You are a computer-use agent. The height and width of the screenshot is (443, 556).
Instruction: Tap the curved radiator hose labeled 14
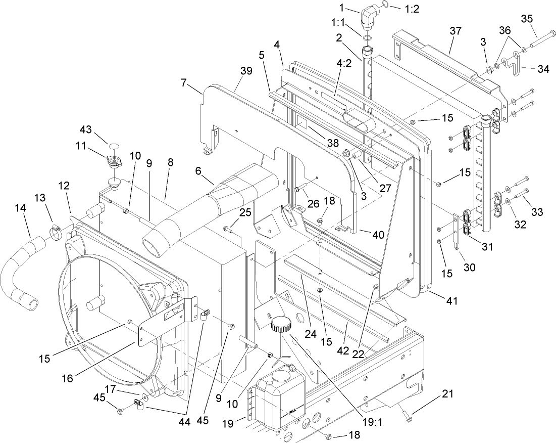[x=18, y=273]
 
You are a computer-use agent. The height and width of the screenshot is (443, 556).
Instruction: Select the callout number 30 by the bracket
[x=469, y=267]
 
